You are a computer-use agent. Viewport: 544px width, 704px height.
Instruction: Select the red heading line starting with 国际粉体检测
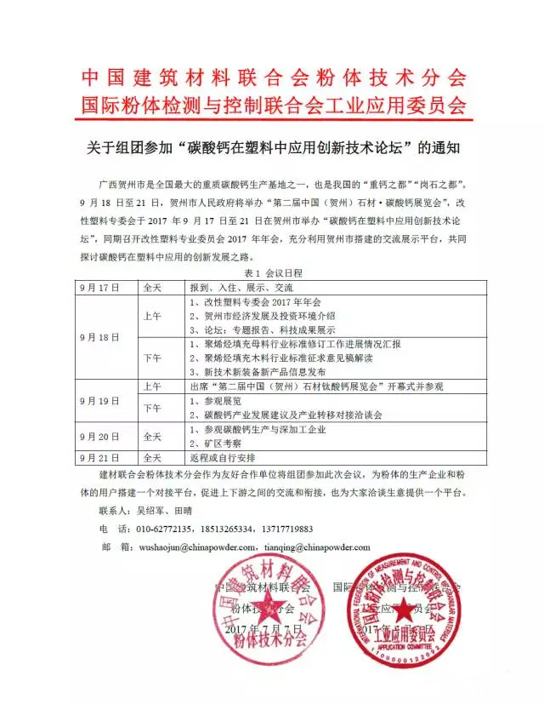pos(273,105)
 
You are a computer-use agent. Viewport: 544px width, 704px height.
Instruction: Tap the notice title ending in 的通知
pos(273,146)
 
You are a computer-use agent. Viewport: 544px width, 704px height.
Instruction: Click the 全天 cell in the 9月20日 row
pos(152,436)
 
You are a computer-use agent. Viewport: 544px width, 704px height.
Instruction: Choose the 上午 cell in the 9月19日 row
pos(152,385)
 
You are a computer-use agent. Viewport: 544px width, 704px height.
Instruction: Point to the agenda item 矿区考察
pos(216,443)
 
